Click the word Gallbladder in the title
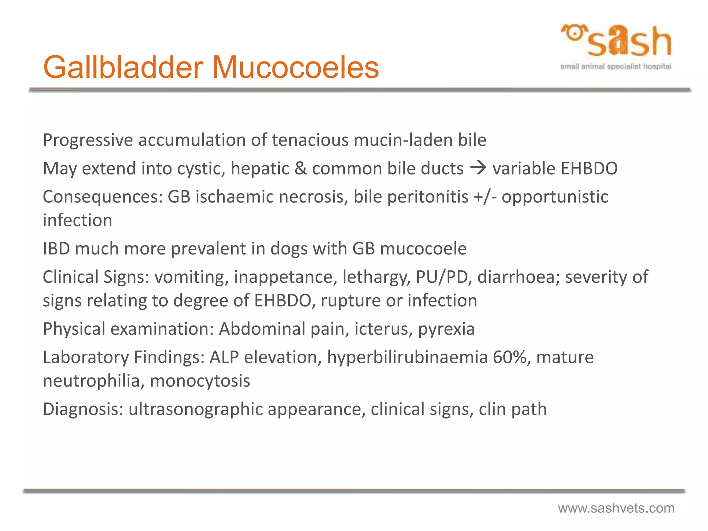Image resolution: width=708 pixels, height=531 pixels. click(123, 68)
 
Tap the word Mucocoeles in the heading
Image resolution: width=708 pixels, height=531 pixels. click(295, 68)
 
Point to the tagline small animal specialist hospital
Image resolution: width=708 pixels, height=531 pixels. click(616, 66)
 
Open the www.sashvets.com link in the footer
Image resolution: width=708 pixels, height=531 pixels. click(616, 508)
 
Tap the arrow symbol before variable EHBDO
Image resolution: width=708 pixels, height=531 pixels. click(478, 168)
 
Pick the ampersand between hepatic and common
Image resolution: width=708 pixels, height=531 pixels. click(300, 169)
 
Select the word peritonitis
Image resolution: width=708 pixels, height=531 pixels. click(428, 197)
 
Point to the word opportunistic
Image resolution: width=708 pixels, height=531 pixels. click(555, 197)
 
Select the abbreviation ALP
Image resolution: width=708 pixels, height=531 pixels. click(224, 357)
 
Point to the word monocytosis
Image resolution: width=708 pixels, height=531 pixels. click(200, 381)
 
